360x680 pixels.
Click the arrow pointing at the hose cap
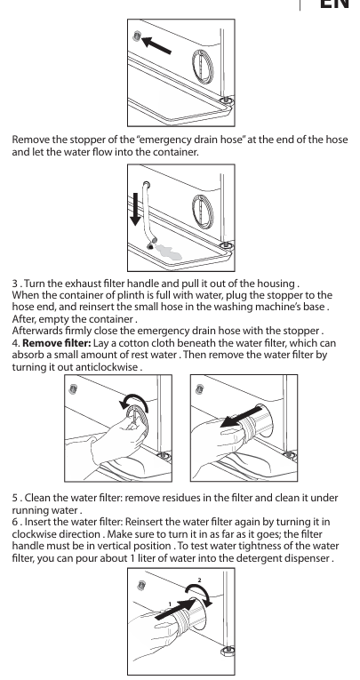tap(156, 45)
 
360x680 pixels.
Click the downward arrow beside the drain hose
tap(135, 209)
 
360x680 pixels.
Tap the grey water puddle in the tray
tap(169, 252)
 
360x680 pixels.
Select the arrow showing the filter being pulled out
tap(241, 417)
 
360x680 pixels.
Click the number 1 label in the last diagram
tap(170, 604)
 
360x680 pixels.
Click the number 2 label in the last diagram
tap(199, 580)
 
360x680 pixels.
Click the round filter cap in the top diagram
tap(203, 67)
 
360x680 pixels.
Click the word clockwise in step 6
tap(36, 534)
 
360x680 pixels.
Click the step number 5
tap(15, 498)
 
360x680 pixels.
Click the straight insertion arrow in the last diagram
tap(176, 608)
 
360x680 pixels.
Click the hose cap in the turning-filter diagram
tap(73, 389)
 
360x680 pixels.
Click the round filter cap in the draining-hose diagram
tap(203, 212)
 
